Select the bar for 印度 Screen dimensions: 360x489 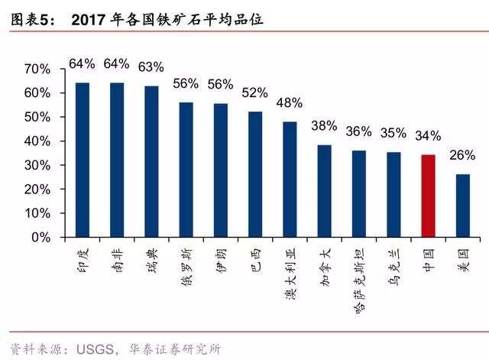tap(83, 161)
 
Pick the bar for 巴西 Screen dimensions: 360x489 tap(254, 175)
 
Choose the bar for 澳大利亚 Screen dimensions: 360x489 tap(290, 180)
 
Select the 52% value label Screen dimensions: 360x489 tap(254, 93)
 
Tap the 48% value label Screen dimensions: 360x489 tap(290, 102)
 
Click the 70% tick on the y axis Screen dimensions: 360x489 tap(37, 70)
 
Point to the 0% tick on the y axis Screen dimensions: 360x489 tap(41, 238)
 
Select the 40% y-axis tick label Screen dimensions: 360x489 tap(37, 141)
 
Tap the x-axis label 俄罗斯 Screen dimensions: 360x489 tap(186, 266)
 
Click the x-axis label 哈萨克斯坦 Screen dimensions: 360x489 tap(358, 277)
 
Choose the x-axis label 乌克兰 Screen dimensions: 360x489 tap(393, 263)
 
